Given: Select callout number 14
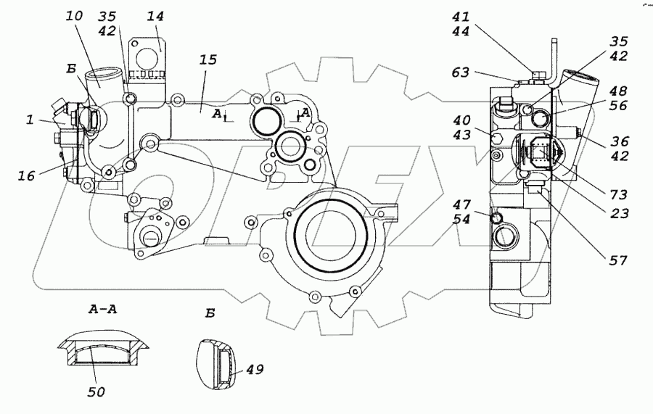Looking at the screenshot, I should click(155, 17).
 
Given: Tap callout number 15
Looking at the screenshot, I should click(208, 60).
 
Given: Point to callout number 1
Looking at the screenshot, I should click(30, 120).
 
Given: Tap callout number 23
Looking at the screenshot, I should click(619, 214).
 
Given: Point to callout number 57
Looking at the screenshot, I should click(619, 259).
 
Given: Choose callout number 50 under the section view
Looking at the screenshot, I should click(96, 392).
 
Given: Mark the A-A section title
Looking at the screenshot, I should click(104, 310).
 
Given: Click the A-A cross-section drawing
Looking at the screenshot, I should click(104, 354).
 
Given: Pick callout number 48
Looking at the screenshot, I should click(619, 92).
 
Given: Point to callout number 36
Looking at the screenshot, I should click(619, 142).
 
